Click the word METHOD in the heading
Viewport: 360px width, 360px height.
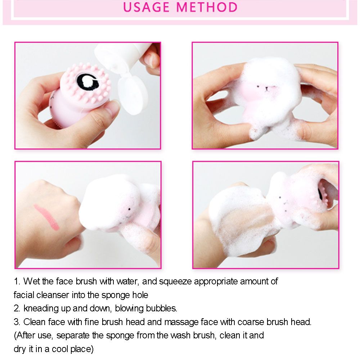[207, 7]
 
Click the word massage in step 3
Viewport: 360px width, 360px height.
[181, 322]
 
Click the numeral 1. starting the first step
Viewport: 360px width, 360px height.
[17, 281]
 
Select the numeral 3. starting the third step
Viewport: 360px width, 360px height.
[17, 322]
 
